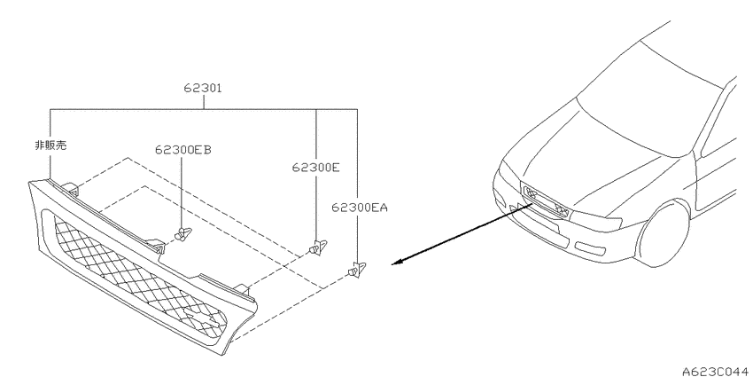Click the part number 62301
[203, 89]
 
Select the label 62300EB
[183, 150]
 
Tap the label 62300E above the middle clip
[316, 168]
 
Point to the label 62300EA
[360, 208]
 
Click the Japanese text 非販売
[50, 145]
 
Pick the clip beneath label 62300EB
[182, 234]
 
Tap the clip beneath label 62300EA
[356, 271]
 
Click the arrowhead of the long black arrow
[397, 262]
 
